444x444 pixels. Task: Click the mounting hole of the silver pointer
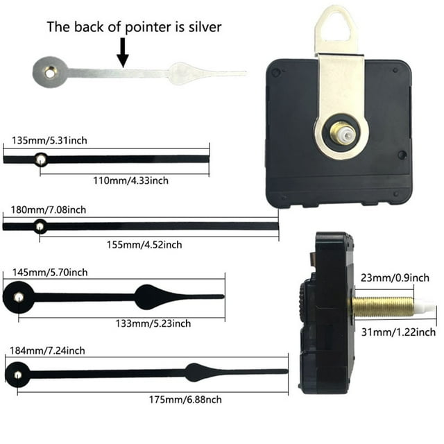[x=50, y=74]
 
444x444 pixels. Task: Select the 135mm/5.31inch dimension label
[x=49, y=140]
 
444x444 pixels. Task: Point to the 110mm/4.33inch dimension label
[x=131, y=180]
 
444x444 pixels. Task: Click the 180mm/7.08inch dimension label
[x=49, y=210]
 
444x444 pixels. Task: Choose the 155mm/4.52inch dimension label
[x=144, y=245]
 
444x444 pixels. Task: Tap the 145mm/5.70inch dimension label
[x=50, y=273]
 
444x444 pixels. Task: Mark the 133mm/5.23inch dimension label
[x=153, y=323]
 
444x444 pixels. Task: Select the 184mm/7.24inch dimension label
[x=47, y=351]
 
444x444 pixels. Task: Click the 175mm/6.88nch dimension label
[x=185, y=400]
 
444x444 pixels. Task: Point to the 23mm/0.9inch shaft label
[x=395, y=277]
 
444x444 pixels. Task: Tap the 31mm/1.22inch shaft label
[x=399, y=332]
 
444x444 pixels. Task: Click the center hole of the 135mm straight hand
[x=41, y=160]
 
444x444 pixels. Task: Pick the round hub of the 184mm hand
[x=17, y=375]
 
